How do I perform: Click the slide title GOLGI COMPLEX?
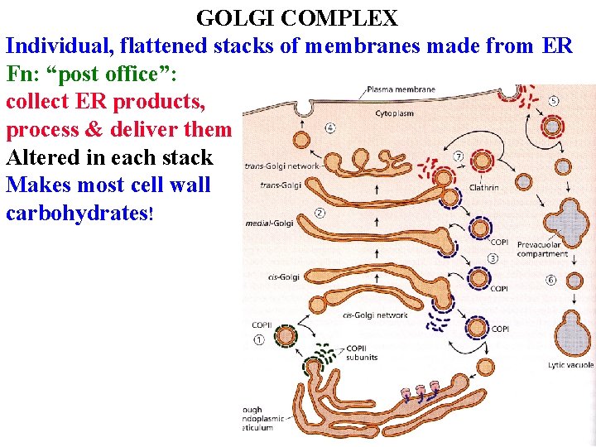click(x=297, y=17)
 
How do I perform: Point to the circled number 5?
click(x=553, y=101)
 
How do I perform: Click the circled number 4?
click(x=330, y=127)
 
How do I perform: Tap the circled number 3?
click(x=493, y=258)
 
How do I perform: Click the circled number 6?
click(x=551, y=280)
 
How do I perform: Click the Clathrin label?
click(x=483, y=187)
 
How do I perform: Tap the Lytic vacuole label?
click(x=570, y=364)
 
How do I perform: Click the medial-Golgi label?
click(x=268, y=223)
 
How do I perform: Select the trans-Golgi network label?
click(x=280, y=166)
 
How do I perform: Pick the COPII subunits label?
click(x=362, y=353)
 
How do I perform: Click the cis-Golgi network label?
click(x=374, y=315)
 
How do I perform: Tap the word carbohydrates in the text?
click(x=77, y=213)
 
